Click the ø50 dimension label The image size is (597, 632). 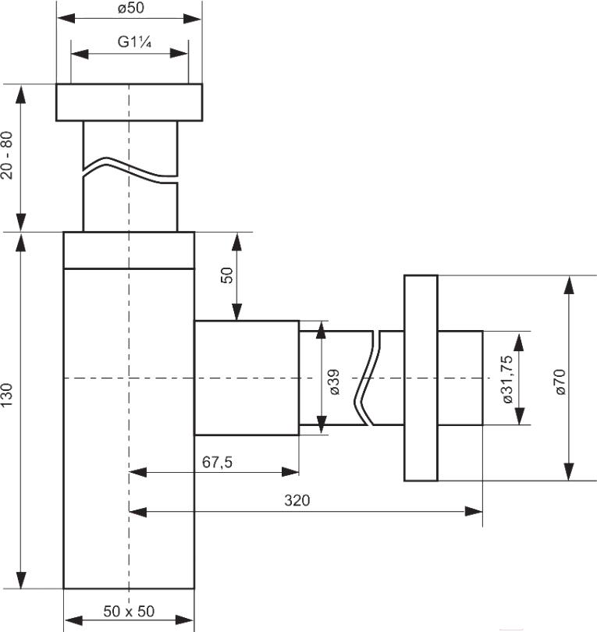click(x=131, y=8)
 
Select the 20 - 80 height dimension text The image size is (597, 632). click(x=7, y=155)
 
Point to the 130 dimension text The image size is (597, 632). click(x=7, y=395)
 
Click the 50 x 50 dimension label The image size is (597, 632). click(x=129, y=611)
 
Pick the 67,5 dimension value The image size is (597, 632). click(x=217, y=462)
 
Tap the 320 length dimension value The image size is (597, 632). click(x=297, y=500)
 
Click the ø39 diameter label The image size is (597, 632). click(x=334, y=382)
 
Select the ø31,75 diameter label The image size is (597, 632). click(x=507, y=379)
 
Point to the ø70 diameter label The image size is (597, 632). click(x=560, y=382)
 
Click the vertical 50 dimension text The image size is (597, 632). click(x=227, y=275)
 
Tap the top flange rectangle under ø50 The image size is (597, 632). click(x=129, y=102)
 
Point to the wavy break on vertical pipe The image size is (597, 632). click(x=130, y=169)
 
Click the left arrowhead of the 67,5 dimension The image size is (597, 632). click(x=138, y=472)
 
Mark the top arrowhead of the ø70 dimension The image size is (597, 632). click(x=569, y=285)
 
